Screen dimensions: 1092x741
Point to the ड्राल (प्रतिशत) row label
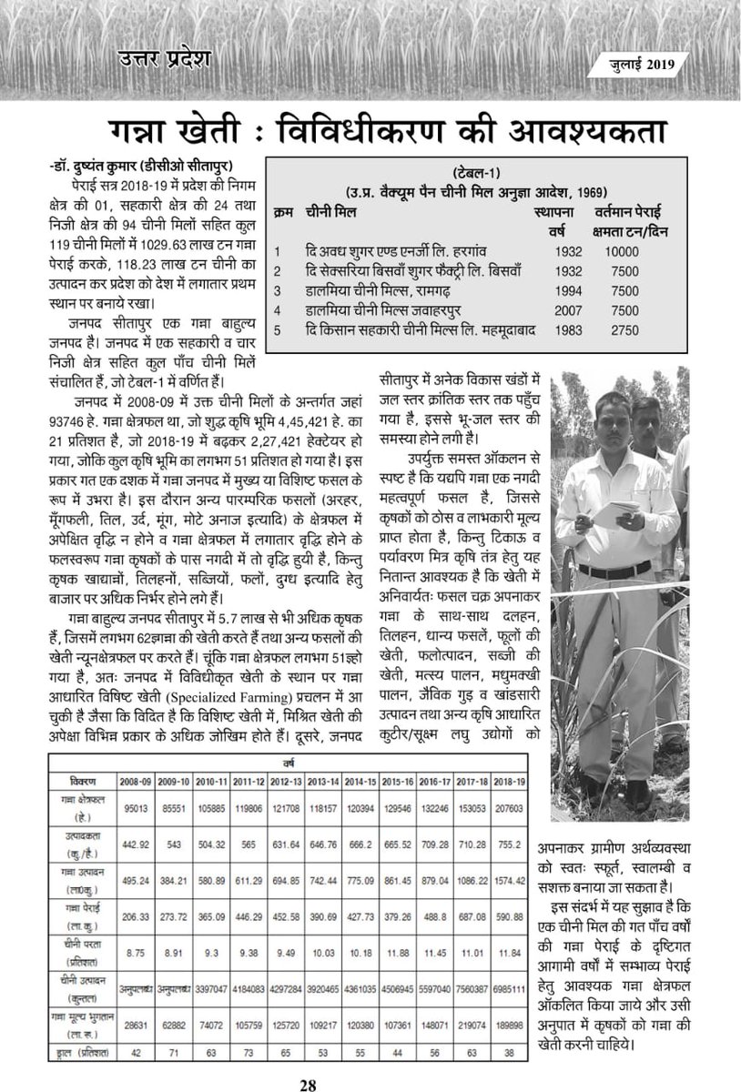click(79, 1053)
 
